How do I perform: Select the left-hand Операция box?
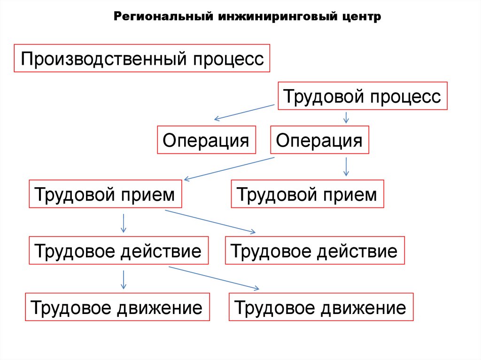(x=206, y=140)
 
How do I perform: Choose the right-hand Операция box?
(x=319, y=140)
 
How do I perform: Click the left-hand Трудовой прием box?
(x=105, y=194)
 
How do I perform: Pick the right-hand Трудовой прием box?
(x=307, y=194)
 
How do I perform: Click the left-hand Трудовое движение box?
(x=116, y=307)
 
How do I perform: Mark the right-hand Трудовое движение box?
(x=321, y=307)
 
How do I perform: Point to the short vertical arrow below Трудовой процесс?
(x=346, y=117)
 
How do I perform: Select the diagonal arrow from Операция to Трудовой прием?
(x=229, y=169)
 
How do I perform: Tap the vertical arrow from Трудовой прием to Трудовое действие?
(x=123, y=223)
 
